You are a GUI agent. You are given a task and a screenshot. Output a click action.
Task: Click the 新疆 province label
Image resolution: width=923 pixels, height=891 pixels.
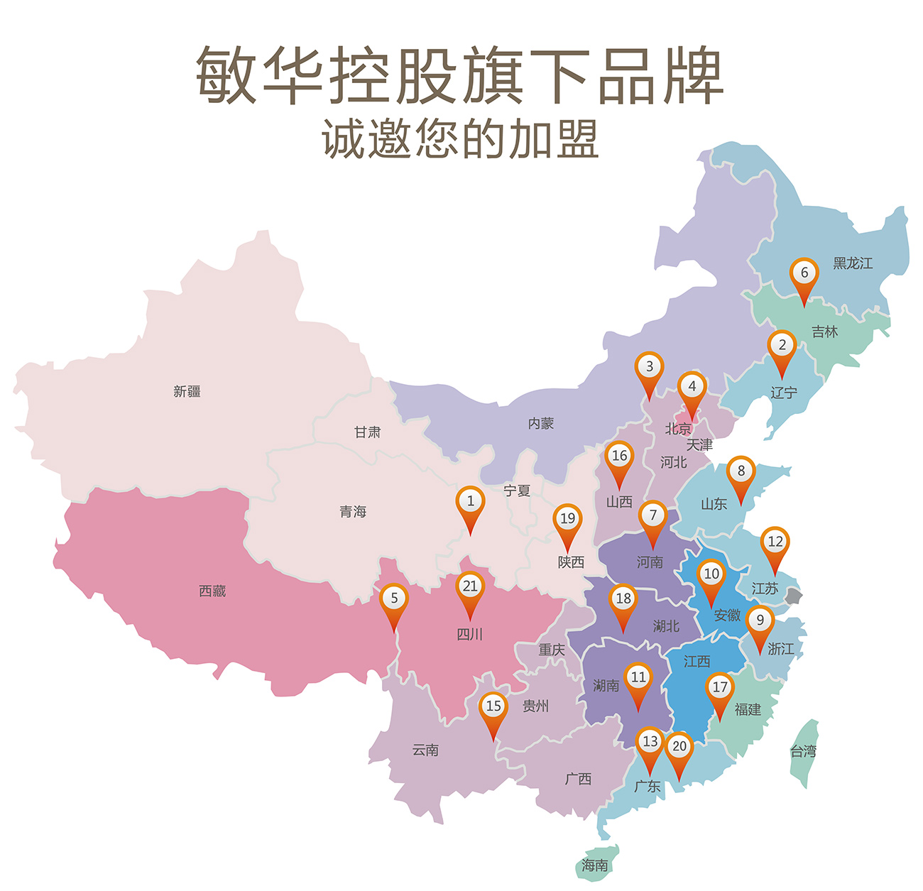coord(187,391)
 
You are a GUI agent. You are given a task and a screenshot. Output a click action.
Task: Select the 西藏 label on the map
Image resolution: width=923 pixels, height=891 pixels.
coord(212,591)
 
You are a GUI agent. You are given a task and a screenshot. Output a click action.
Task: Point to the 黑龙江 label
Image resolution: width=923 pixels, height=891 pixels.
coord(853,263)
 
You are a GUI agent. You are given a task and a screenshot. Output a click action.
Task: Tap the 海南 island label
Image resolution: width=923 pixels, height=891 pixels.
coord(595,865)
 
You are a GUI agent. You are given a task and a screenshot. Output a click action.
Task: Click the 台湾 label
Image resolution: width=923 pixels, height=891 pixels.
coord(804,751)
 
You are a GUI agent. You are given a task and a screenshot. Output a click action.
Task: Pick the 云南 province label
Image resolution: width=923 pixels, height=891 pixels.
coord(425,750)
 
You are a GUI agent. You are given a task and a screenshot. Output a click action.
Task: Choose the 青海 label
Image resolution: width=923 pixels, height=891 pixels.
coord(353,511)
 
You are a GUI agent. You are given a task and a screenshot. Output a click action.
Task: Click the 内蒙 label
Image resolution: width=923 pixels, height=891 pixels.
coord(540,423)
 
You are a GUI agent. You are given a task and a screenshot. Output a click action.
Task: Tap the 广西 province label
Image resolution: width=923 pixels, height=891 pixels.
coord(578,779)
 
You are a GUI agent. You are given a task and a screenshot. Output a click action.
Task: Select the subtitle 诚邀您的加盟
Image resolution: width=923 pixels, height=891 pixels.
coord(461,138)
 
